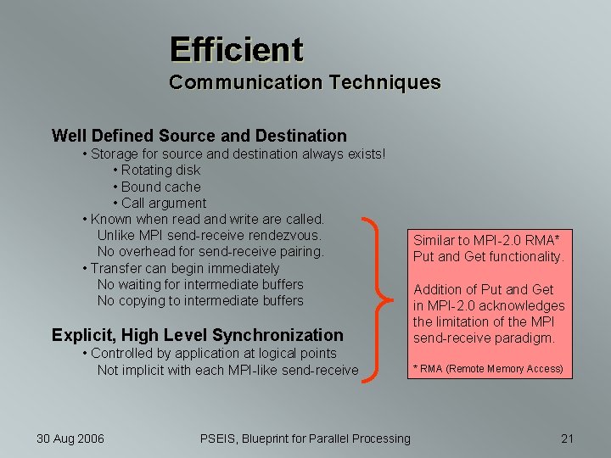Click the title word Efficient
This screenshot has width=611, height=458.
[235, 49]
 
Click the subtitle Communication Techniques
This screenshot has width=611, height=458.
[305, 82]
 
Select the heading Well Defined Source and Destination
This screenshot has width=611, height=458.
[199, 136]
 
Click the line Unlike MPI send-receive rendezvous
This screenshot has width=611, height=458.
[209, 235]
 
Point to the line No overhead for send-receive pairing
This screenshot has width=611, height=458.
[210, 251]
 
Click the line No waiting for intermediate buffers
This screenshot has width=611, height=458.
[200, 284]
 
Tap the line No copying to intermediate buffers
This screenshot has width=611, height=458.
[200, 300]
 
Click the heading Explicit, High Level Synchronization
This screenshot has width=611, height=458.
[197, 335]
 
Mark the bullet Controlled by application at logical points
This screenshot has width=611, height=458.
[213, 353]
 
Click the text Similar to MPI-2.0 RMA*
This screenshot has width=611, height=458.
[479, 240]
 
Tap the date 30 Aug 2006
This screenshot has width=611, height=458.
[70, 438]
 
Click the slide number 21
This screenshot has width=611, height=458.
[568, 438]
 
